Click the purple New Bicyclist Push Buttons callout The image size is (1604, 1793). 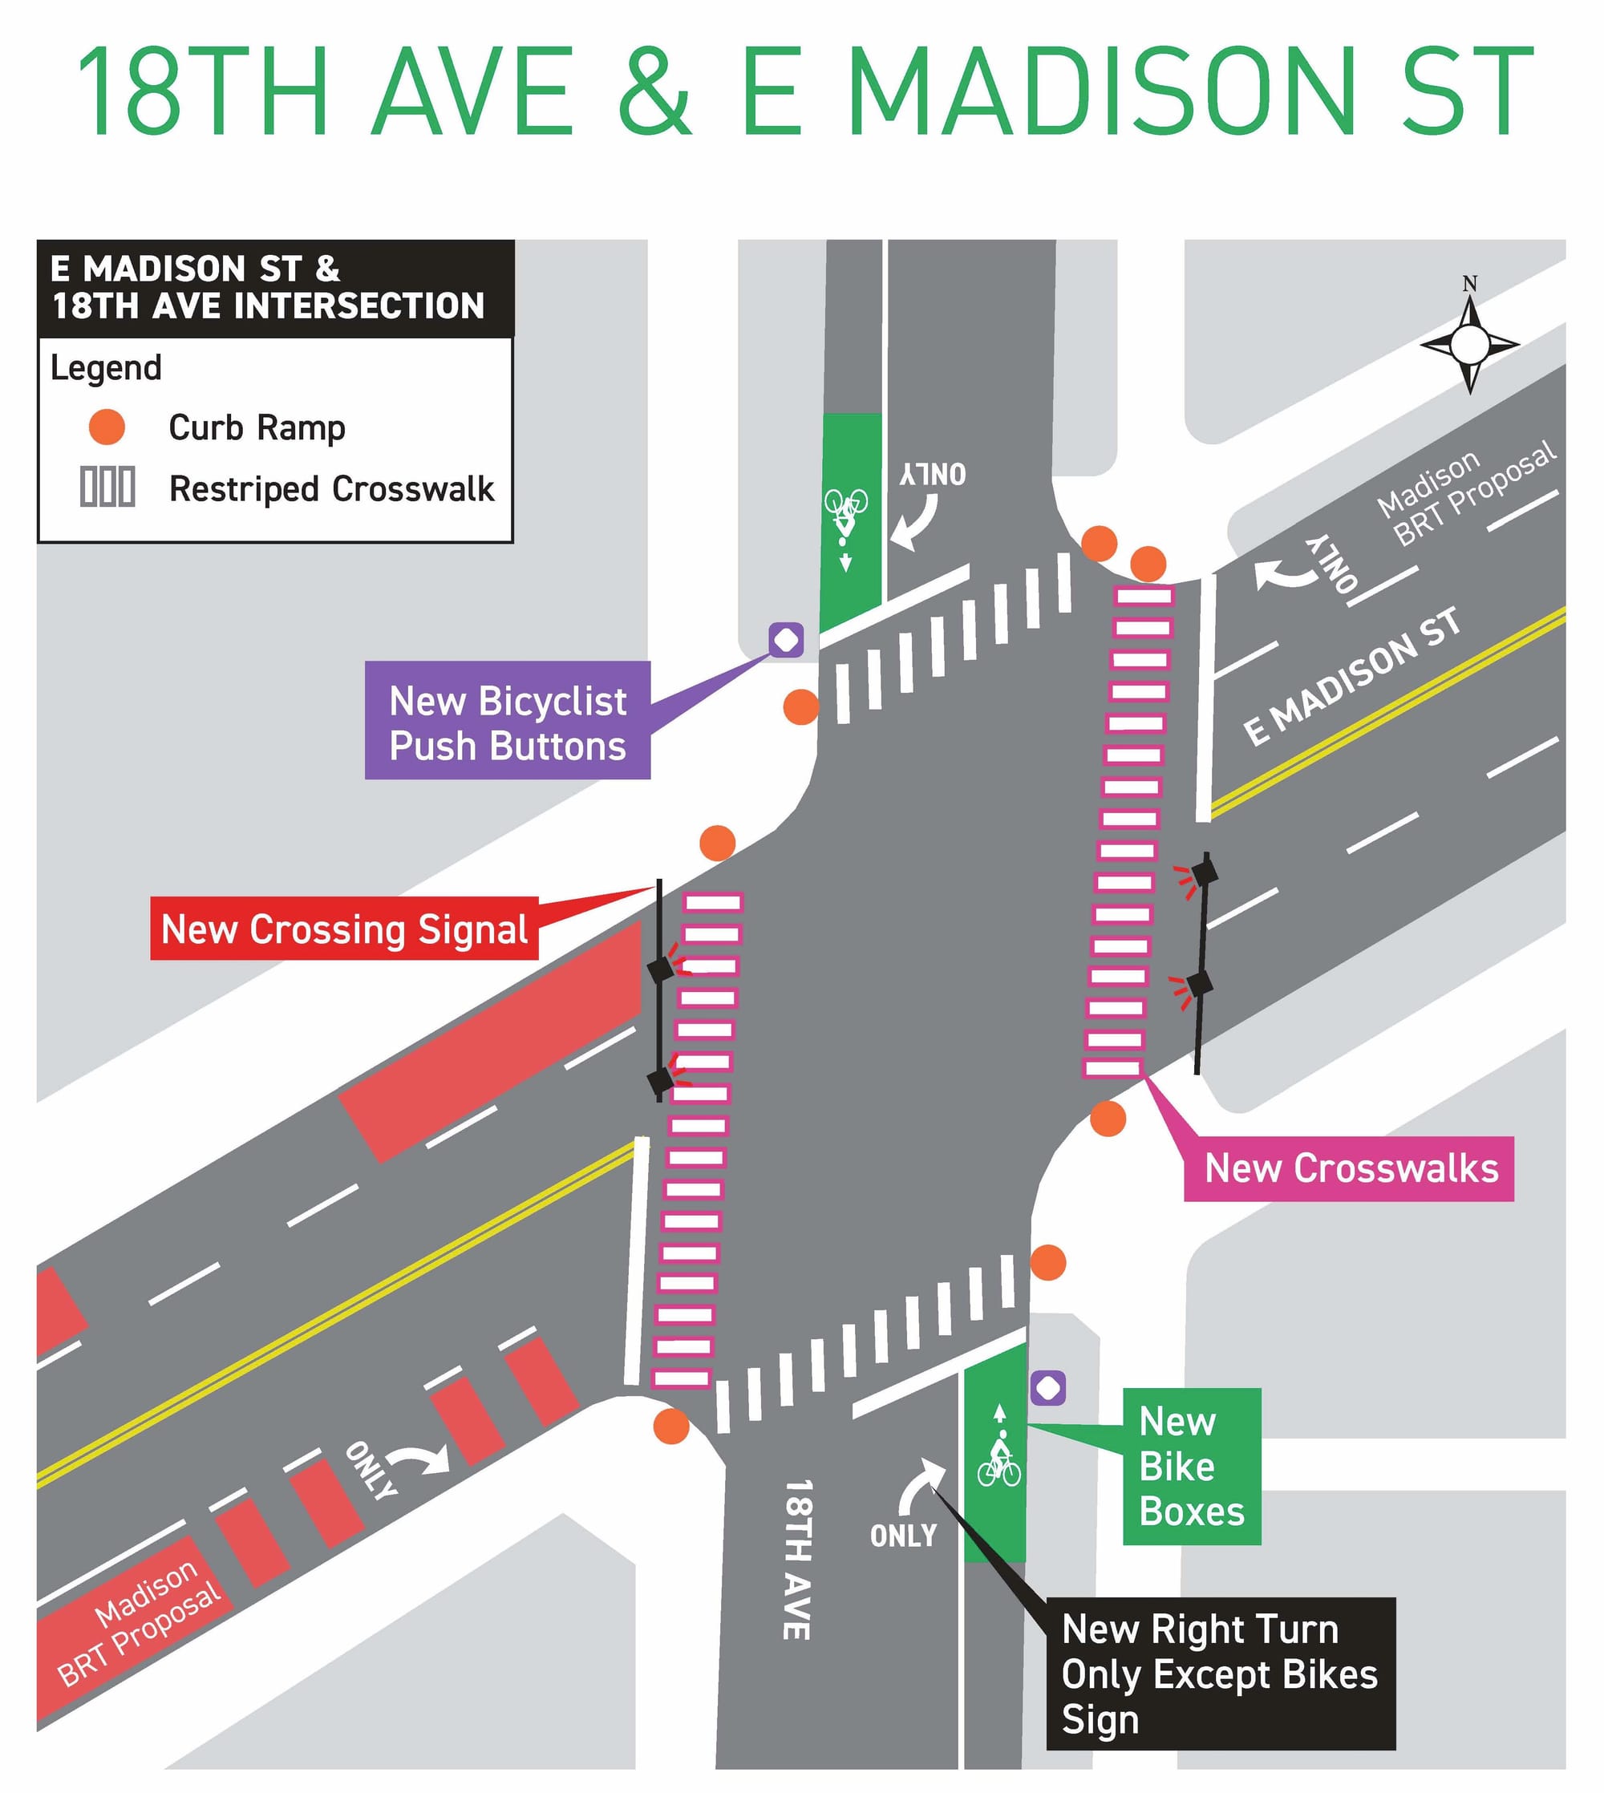coord(507,720)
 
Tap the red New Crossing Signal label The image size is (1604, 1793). coord(344,929)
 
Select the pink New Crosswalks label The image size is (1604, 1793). coord(1348,1168)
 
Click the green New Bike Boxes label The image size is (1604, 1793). coord(1191,1466)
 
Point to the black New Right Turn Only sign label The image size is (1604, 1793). coord(1219,1674)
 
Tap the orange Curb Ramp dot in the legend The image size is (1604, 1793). coord(107,427)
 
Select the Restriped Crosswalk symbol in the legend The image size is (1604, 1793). coord(107,487)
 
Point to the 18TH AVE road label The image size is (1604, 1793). coord(796,1560)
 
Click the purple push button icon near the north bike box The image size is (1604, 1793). coord(785,640)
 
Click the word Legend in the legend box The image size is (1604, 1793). coord(106,367)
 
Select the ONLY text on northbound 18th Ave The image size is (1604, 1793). coord(902,1536)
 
